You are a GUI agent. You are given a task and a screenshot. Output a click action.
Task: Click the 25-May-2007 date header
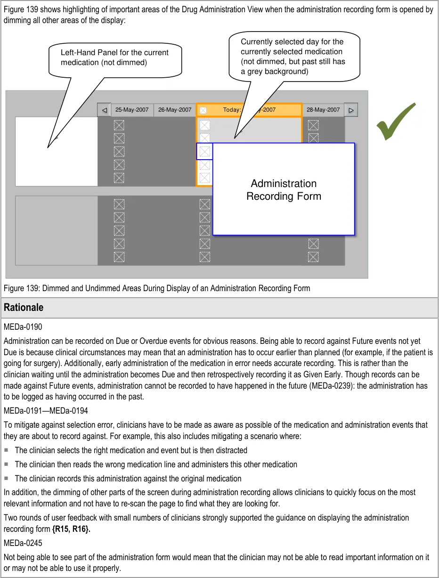coord(132,110)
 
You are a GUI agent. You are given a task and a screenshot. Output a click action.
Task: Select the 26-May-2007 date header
coord(175,110)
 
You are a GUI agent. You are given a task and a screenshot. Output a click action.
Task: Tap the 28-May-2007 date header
coord(323,110)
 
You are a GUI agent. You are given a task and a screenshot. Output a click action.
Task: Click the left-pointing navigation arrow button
coord(104,110)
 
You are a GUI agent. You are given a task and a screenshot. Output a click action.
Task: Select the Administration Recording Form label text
coord(284,190)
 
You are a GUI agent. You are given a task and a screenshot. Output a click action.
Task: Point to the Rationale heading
coord(24,308)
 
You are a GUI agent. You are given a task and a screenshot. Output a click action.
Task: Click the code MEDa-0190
coord(23,326)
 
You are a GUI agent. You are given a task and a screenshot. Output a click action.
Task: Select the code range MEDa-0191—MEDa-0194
coord(46,411)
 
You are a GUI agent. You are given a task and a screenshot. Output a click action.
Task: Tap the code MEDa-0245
coord(23,543)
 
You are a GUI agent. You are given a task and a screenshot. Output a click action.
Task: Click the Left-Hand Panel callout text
coord(114,57)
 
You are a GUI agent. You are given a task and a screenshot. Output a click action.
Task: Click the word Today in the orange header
coord(231,110)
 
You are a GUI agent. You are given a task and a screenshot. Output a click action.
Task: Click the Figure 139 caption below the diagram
coord(157,288)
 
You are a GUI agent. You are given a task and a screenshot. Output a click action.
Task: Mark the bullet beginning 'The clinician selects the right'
coord(131,450)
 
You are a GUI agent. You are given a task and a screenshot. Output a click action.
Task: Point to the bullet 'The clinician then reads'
coord(156,464)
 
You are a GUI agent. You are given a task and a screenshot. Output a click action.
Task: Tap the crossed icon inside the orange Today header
coord(203,110)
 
